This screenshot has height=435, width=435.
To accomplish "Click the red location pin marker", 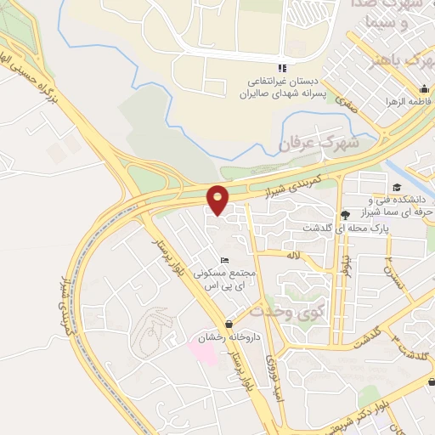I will click(x=218, y=200).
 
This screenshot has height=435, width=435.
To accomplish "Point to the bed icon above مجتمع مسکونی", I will click(x=223, y=260).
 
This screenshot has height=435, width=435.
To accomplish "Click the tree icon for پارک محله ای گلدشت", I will click(x=343, y=214).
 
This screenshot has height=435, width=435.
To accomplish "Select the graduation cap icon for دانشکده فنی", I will click(x=395, y=188).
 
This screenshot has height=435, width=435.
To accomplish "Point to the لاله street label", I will click(x=295, y=254).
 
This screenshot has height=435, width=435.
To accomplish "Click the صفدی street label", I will click(x=346, y=104).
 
